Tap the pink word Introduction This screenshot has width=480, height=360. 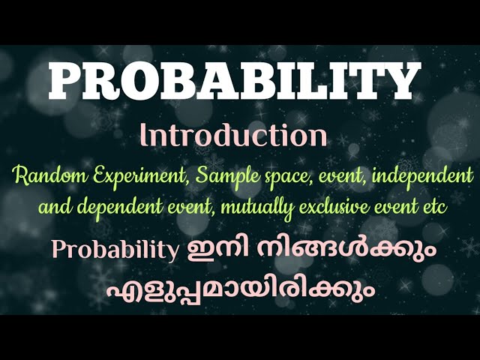(x=234, y=136)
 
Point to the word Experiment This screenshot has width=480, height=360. (x=114, y=178)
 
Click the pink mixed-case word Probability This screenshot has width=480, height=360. (x=115, y=249)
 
